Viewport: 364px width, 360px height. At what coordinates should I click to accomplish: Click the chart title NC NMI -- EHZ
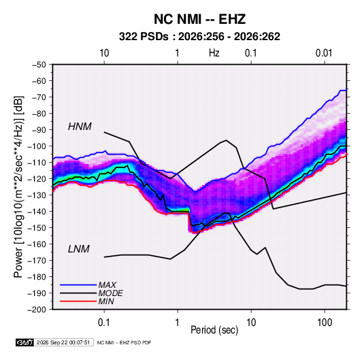click(199, 19)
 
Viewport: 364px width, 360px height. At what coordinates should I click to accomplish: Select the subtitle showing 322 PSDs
click(199, 37)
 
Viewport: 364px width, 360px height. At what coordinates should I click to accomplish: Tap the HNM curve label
click(80, 127)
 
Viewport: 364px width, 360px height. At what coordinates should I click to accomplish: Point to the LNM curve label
click(79, 249)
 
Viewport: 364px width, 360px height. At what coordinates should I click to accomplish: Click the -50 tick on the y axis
click(39, 65)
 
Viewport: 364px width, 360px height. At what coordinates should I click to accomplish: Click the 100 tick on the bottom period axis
click(325, 323)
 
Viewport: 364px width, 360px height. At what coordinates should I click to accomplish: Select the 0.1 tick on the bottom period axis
click(104, 323)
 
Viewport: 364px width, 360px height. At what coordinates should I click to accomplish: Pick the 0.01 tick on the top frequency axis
click(324, 53)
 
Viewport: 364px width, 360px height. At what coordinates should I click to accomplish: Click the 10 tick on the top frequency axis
click(104, 53)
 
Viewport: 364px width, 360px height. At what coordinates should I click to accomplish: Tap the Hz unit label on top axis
click(214, 53)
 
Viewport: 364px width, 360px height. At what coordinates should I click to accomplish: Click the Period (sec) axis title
click(214, 330)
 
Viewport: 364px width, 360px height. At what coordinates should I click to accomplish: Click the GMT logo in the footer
click(25, 342)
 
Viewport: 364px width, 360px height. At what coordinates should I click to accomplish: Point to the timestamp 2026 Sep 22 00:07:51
click(63, 342)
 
